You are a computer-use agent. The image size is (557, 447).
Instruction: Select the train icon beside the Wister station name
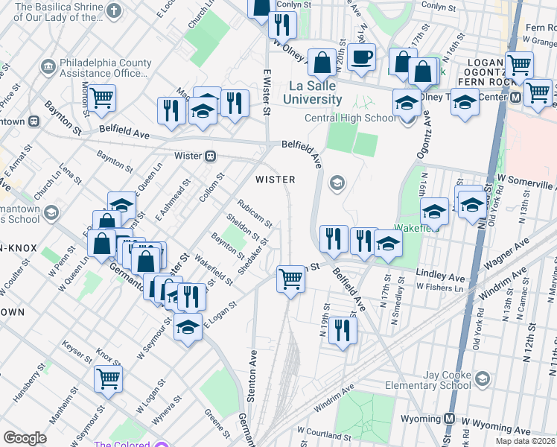click(211, 156)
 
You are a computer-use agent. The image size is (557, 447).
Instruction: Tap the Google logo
click(24, 438)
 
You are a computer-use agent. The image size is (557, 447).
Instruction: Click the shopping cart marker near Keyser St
click(109, 378)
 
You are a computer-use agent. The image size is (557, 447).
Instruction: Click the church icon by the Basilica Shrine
click(113, 10)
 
